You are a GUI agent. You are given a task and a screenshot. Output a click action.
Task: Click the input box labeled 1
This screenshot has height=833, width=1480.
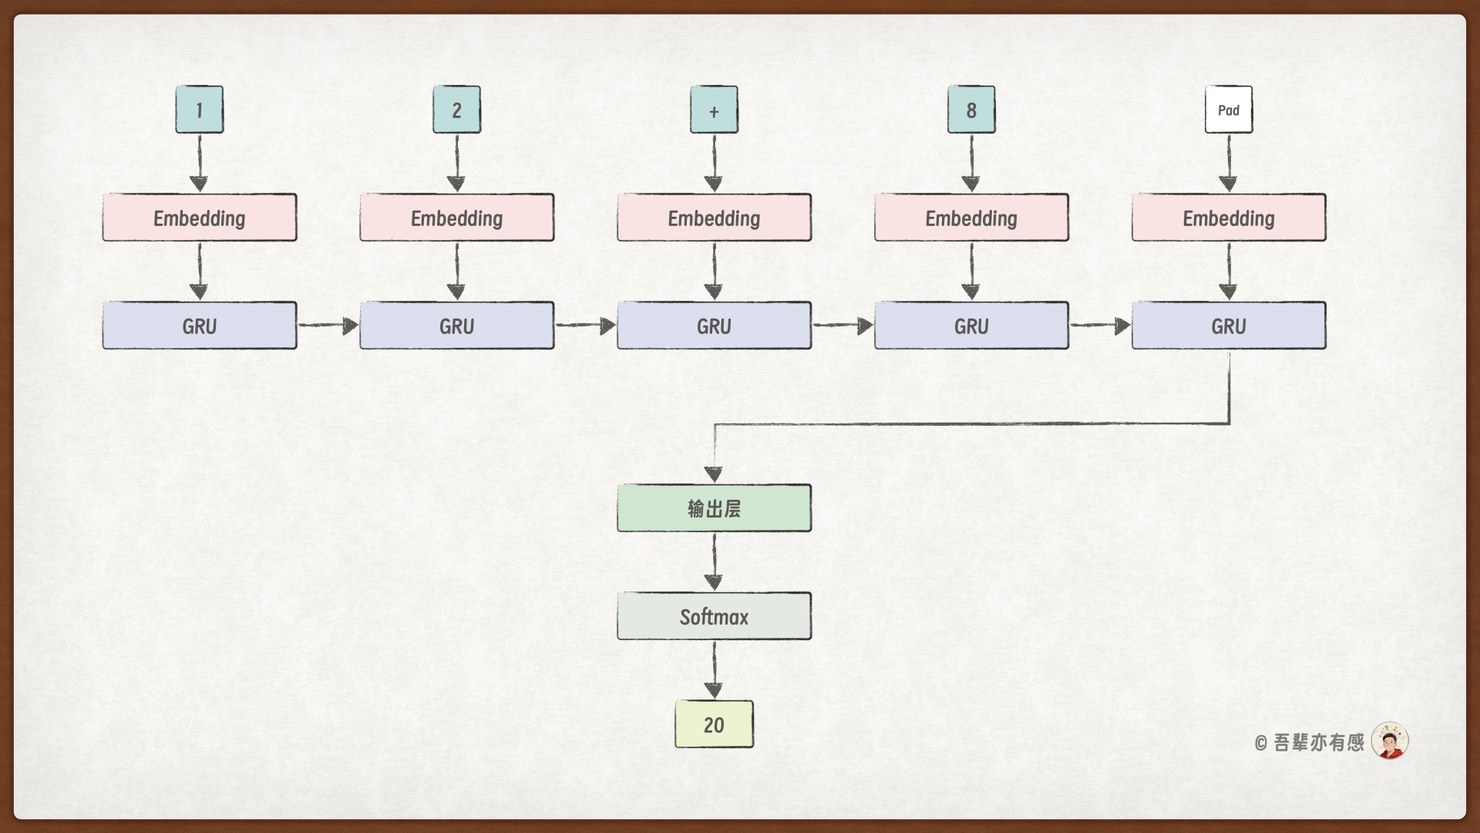click(x=200, y=110)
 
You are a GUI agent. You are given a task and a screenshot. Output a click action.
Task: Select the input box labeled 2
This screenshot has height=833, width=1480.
click(x=456, y=110)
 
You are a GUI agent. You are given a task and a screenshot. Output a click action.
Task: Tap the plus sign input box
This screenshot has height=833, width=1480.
click(x=714, y=110)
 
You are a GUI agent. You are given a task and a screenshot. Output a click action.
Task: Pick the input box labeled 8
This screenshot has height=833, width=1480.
click(x=971, y=110)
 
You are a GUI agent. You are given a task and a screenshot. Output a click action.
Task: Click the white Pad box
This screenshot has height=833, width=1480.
click(x=1229, y=110)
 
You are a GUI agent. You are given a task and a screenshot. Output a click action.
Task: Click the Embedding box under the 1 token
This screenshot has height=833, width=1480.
click(x=200, y=218)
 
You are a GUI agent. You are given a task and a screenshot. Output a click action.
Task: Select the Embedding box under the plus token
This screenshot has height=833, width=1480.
click(x=714, y=218)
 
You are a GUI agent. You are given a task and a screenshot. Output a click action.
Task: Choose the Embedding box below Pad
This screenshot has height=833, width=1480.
click(x=1229, y=218)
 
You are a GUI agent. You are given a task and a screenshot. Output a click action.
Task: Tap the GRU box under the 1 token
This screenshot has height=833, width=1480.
click(x=200, y=325)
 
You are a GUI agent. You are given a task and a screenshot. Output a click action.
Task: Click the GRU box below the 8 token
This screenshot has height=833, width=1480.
click(x=971, y=325)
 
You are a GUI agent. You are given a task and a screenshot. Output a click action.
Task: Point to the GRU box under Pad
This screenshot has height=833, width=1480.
click(x=1229, y=325)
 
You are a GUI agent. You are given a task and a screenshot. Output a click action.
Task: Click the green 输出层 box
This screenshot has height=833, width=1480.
click(x=714, y=508)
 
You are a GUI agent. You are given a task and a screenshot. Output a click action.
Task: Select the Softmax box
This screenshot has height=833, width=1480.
click(x=714, y=616)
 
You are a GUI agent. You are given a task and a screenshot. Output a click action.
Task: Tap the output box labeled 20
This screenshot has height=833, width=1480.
click(x=714, y=724)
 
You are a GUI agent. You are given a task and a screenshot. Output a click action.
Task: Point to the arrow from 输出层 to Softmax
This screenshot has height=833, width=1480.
click(x=714, y=562)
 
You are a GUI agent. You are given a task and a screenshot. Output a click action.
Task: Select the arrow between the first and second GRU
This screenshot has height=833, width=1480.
click(x=328, y=325)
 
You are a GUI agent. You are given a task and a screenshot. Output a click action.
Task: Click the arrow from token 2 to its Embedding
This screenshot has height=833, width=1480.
click(x=456, y=163)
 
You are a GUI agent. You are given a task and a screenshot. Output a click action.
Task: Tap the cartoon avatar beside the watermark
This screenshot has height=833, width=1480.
click(x=1390, y=741)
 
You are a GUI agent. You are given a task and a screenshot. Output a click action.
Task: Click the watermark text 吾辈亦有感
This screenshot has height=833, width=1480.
click(x=1318, y=743)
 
